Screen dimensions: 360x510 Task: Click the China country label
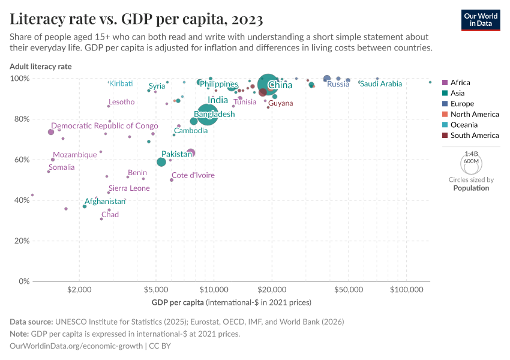280,85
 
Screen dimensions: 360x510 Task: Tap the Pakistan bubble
161,162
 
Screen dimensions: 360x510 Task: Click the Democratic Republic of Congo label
104,126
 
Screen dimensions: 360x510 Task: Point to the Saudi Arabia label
380,84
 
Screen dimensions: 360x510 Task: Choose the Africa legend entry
460,83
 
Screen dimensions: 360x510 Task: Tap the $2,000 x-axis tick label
79,289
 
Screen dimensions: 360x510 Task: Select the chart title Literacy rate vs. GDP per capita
136,19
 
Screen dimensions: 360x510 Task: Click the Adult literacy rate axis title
41,67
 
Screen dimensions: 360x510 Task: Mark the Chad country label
110,215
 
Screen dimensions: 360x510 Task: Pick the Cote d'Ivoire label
193,175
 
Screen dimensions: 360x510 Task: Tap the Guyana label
280,103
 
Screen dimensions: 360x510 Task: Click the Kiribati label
121,83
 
